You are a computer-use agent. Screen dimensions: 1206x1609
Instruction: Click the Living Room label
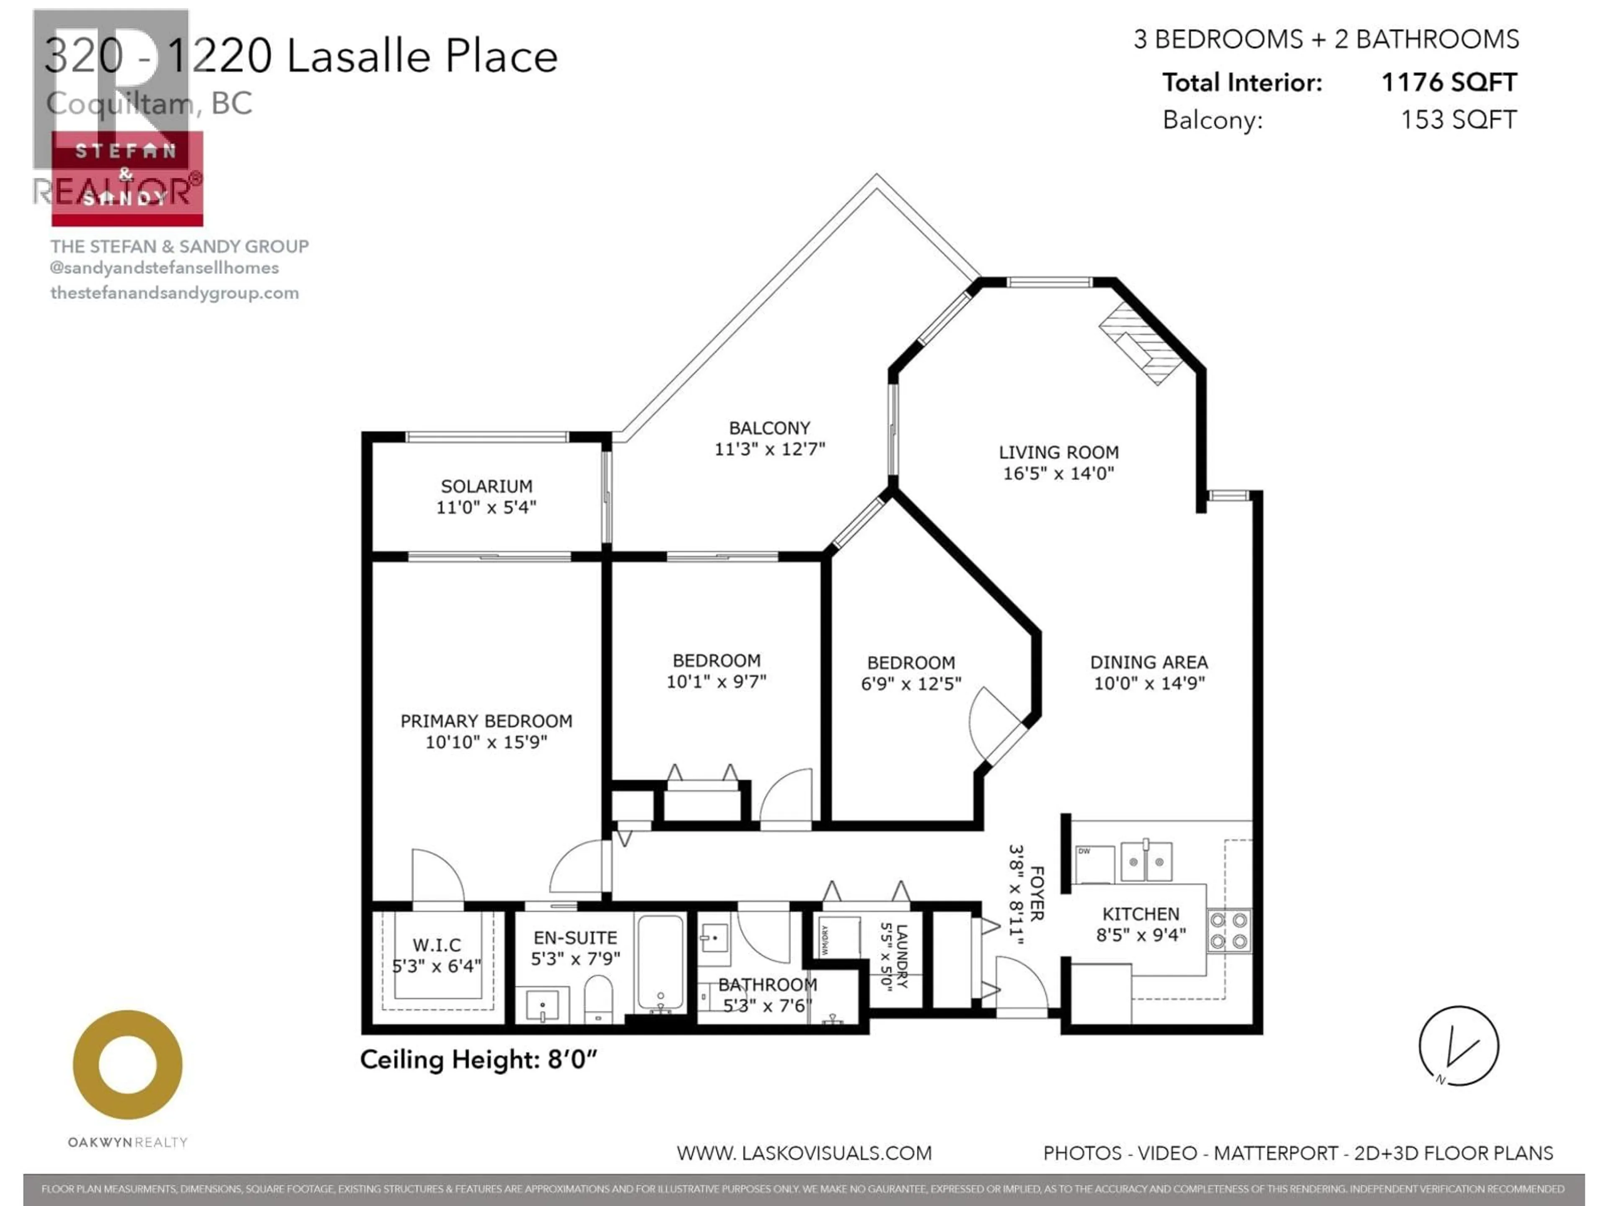tap(1058, 452)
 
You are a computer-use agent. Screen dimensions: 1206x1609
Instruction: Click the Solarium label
tap(486, 486)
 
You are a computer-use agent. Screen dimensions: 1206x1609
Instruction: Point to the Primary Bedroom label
tap(486, 721)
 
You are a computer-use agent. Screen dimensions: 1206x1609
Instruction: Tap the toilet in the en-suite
tap(598, 1000)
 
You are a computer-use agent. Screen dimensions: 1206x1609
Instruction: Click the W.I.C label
tap(437, 945)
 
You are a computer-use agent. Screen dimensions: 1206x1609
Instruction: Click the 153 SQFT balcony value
tap(1459, 119)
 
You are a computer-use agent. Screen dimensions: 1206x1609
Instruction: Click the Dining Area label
tap(1149, 662)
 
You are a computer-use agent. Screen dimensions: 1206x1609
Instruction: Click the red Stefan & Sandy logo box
tap(127, 178)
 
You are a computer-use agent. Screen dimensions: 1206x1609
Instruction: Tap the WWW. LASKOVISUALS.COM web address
tap(804, 1153)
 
